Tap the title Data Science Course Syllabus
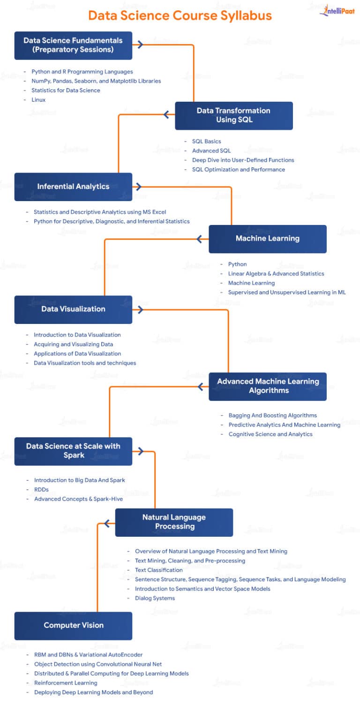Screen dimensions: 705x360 pyautogui.click(x=180, y=15)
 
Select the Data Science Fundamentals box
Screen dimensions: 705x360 pyautogui.click(x=73, y=45)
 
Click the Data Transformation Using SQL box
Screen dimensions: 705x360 pyautogui.click(x=233, y=115)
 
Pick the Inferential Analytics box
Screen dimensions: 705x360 pyautogui.click(x=73, y=187)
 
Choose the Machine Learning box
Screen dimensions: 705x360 pyautogui.click(x=267, y=239)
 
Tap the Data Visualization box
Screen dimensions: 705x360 pyautogui.click(x=73, y=309)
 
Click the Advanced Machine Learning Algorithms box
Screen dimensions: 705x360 pyautogui.click(x=267, y=386)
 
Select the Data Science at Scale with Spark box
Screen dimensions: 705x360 pyautogui.click(x=73, y=451)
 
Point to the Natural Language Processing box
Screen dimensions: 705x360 pyautogui.click(x=174, y=522)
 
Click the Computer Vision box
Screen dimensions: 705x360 pyautogui.click(x=73, y=625)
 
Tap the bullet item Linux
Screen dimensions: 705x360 pyautogui.click(x=38, y=100)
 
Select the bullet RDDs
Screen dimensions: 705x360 pyautogui.click(x=41, y=490)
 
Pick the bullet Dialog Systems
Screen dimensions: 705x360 pyautogui.click(x=155, y=598)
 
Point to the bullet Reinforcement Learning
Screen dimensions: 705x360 pyautogui.click(x=66, y=683)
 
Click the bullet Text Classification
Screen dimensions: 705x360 pyautogui.click(x=158, y=570)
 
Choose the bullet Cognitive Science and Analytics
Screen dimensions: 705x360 pyautogui.click(x=270, y=435)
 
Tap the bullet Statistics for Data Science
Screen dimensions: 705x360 pyautogui.click(x=66, y=90)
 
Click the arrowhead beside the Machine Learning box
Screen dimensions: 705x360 pyautogui.click(x=202, y=239)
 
